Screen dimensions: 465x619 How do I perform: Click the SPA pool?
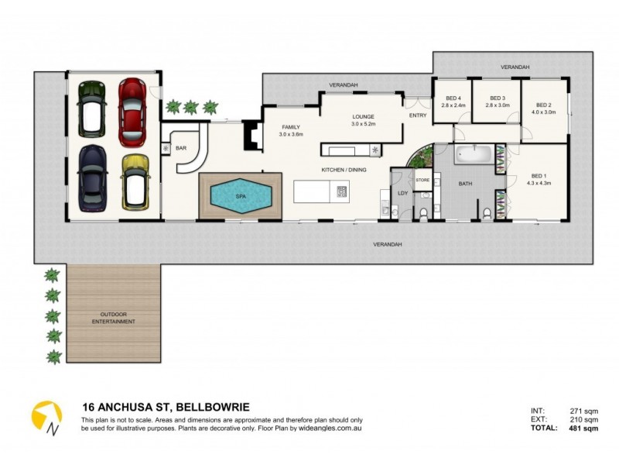click(x=239, y=197)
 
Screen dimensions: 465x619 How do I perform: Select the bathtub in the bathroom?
click(x=472, y=153)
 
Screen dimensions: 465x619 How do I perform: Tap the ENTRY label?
click(x=418, y=115)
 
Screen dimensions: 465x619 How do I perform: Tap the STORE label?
click(x=422, y=180)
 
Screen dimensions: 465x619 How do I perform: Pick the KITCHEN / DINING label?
click(x=344, y=169)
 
